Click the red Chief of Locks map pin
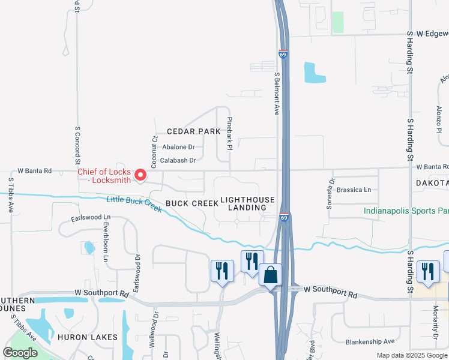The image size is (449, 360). coord(141,175)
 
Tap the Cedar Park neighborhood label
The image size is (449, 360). coord(190,131)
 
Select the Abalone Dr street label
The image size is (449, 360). coord(179,146)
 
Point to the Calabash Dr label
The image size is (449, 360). coord(178,160)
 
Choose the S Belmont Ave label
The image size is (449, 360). coord(277,94)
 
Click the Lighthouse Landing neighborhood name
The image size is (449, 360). coord(247,203)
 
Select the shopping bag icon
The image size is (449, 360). coord(270,275)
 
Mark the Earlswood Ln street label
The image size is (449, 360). coord(91,217)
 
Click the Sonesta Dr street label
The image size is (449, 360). coord(330,193)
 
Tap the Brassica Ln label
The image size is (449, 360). coord(354,190)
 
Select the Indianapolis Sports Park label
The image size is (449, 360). coord(406,211)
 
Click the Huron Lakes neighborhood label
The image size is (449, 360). coord(88,337)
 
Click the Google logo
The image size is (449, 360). coord(20,352)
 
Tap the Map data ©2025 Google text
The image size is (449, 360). coord(412,356)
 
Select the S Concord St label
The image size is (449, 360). coord(77,145)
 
